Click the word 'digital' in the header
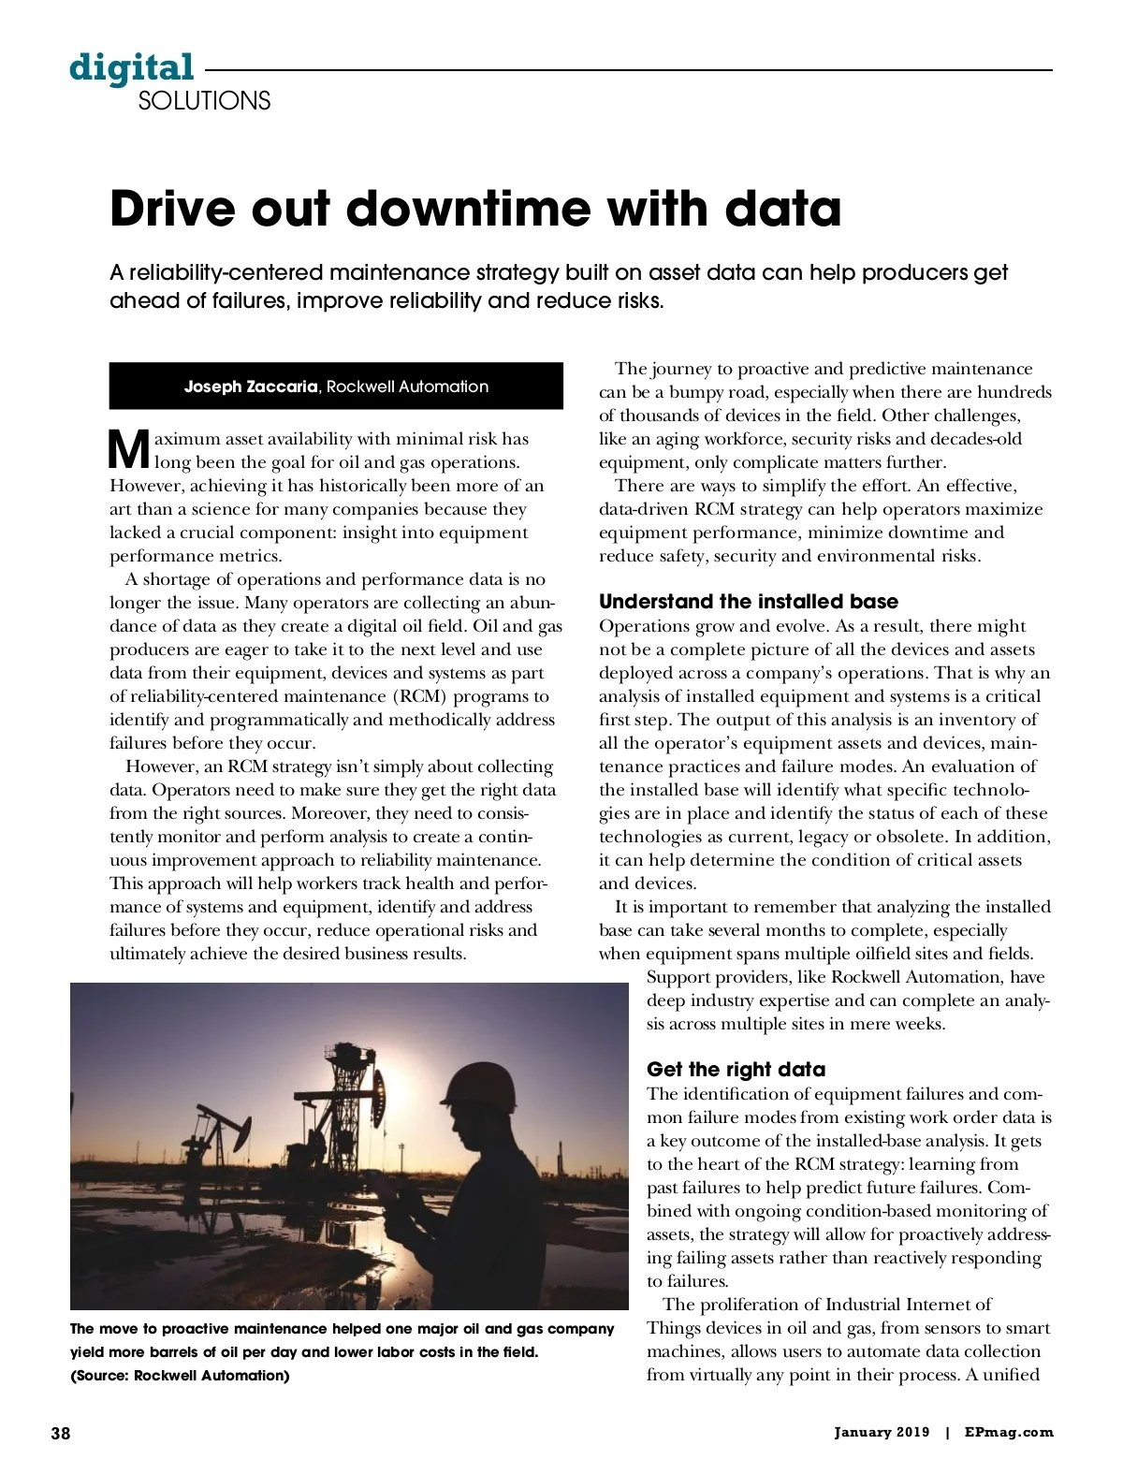pyautogui.click(x=132, y=68)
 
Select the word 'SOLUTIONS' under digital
pyautogui.click(x=204, y=101)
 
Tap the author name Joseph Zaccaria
pyautogui.click(x=250, y=387)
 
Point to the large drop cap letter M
pyautogui.click(x=129, y=449)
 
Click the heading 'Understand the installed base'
pyautogui.click(x=748, y=601)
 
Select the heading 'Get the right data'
pyautogui.click(x=736, y=1069)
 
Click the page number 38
pyautogui.click(x=60, y=1433)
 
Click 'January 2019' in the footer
pyautogui.click(x=882, y=1432)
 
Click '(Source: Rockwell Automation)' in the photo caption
pyautogui.click(x=180, y=1375)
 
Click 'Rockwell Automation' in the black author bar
pyautogui.click(x=407, y=387)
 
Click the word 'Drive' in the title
pyautogui.click(x=172, y=208)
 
